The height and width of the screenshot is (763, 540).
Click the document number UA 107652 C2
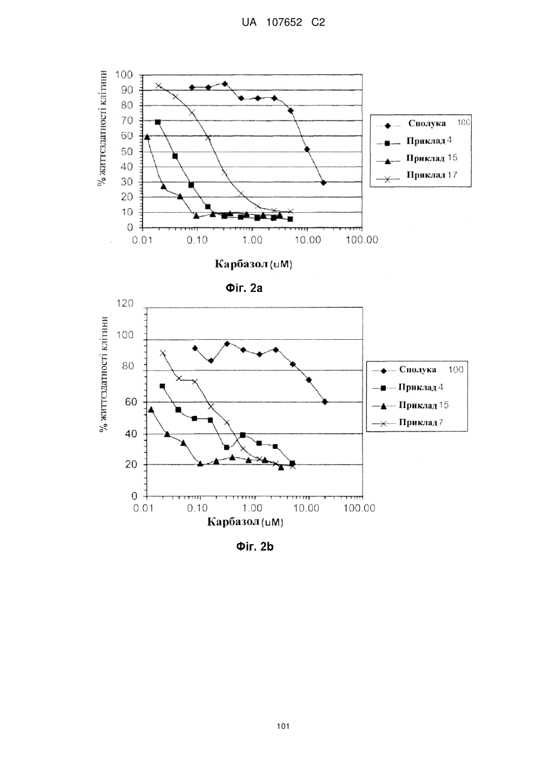[283, 23]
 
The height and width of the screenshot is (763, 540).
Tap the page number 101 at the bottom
[283, 726]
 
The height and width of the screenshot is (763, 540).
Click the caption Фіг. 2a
[244, 288]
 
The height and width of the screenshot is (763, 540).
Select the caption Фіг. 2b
[255, 547]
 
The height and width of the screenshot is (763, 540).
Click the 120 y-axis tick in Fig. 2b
[125, 303]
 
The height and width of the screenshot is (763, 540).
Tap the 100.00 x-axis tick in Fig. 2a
[362, 240]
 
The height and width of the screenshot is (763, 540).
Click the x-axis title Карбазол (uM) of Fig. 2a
[254, 264]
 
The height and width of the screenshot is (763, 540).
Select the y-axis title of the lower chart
[104, 375]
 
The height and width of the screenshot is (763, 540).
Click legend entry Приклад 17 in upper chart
[432, 176]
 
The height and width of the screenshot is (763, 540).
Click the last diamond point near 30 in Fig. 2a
[323, 183]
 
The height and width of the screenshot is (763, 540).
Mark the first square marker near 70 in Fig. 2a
[158, 122]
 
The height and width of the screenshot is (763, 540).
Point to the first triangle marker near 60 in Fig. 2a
[147, 137]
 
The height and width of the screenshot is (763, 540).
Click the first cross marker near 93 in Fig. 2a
[158, 86]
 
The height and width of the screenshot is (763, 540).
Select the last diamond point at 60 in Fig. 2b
[325, 402]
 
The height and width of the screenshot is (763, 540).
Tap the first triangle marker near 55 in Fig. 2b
[151, 409]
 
